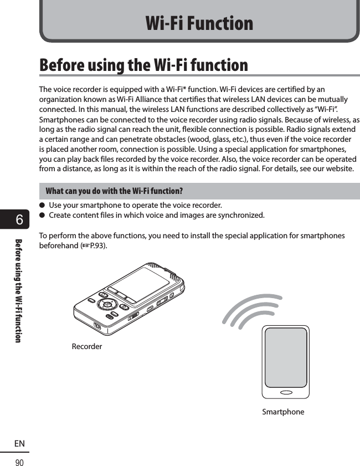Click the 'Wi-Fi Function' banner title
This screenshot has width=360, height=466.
199,23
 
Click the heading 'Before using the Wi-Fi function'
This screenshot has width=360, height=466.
144,65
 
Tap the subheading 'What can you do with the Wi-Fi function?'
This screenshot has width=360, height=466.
114,191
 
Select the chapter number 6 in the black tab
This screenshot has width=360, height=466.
19,220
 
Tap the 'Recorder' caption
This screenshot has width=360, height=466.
87,346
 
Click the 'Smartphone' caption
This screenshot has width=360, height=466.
283,412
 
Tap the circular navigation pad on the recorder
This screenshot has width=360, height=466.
107,304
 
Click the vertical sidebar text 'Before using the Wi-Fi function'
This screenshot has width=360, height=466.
19,290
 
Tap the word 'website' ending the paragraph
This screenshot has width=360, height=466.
338,168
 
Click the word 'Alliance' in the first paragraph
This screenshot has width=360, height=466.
133,99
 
